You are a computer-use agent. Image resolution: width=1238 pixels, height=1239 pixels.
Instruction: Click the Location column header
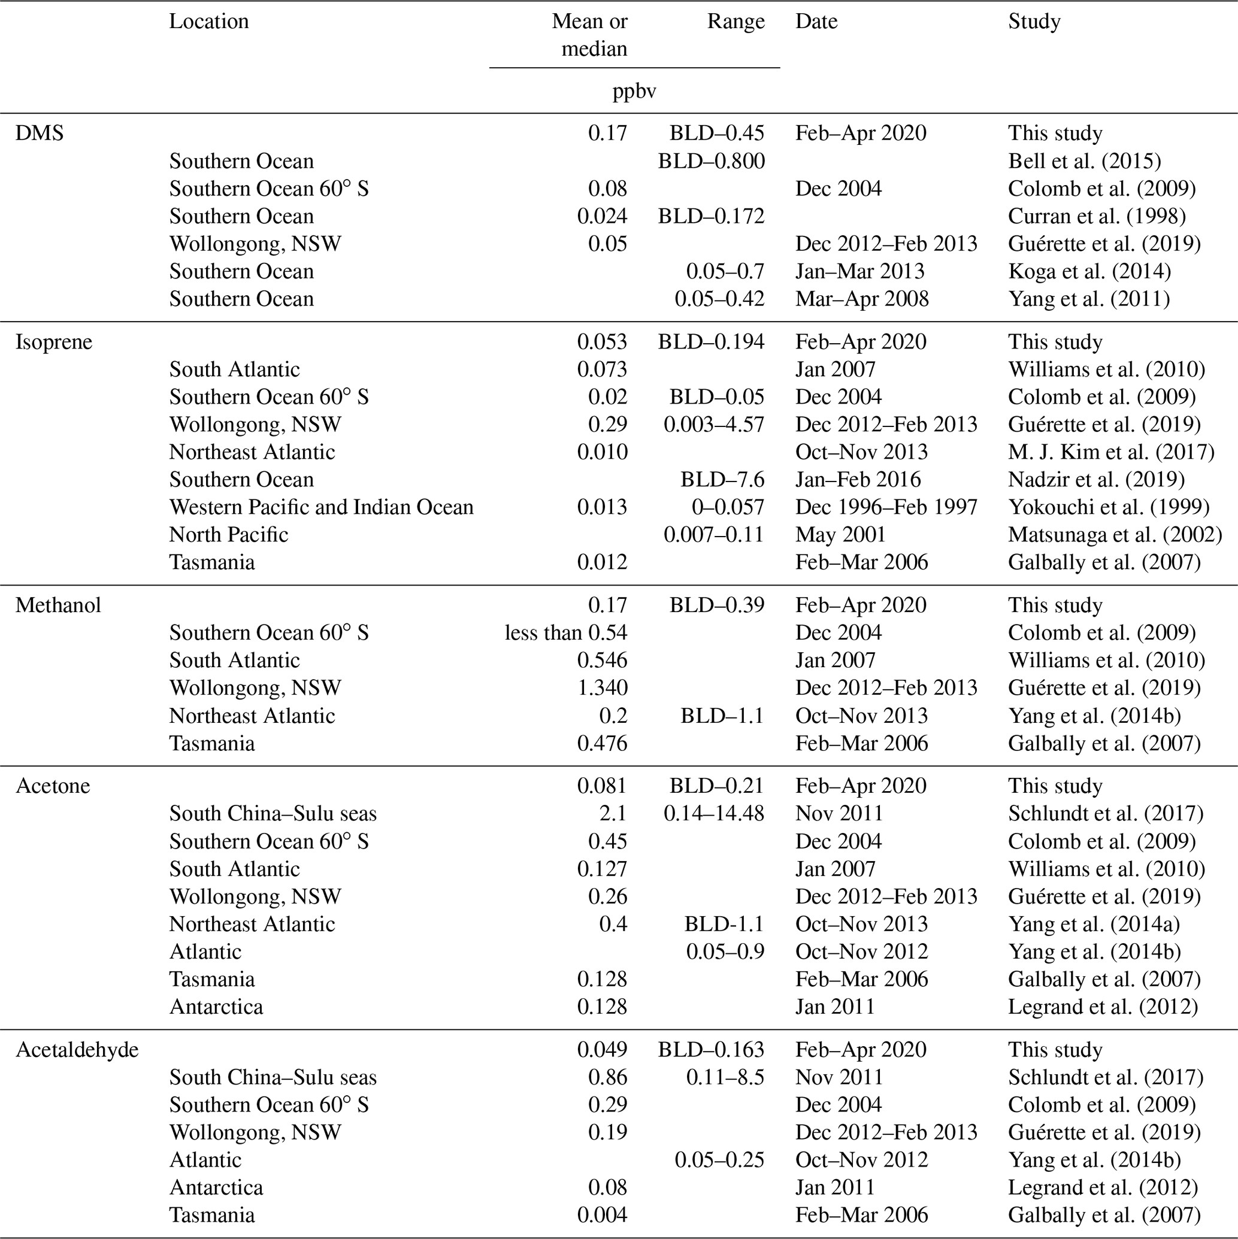(x=208, y=21)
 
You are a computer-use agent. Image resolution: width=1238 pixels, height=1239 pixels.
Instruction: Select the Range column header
(x=735, y=21)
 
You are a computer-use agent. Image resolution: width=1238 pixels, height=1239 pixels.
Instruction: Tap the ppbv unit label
(x=634, y=91)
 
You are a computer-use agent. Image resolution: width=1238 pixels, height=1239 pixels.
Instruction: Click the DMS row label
(x=39, y=133)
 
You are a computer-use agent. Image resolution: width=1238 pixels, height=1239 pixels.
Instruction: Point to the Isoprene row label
(x=54, y=342)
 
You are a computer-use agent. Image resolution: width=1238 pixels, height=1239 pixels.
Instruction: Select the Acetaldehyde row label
(x=77, y=1050)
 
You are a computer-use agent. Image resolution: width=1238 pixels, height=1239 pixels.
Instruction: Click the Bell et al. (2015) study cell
(x=1084, y=161)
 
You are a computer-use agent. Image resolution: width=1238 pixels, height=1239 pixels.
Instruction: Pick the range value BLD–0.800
(x=712, y=161)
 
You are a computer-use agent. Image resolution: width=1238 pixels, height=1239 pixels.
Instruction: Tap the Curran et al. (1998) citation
(x=1096, y=216)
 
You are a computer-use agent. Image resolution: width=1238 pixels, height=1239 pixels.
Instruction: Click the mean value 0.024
(x=602, y=216)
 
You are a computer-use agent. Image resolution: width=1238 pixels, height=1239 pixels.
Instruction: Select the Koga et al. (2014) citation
(x=1089, y=271)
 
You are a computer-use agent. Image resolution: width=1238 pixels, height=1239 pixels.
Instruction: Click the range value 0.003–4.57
(x=714, y=425)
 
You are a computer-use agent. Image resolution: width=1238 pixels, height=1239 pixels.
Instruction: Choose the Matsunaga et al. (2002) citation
(x=1115, y=535)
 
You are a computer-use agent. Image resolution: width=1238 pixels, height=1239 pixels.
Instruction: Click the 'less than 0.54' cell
(x=566, y=633)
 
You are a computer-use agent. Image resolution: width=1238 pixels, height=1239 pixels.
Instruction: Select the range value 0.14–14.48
(x=714, y=814)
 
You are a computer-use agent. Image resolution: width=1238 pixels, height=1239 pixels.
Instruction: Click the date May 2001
(x=840, y=535)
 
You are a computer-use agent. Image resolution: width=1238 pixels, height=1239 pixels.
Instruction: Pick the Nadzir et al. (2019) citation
(x=1095, y=480)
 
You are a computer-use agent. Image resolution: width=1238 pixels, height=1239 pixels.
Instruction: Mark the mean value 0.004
(x=602, y=1215)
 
